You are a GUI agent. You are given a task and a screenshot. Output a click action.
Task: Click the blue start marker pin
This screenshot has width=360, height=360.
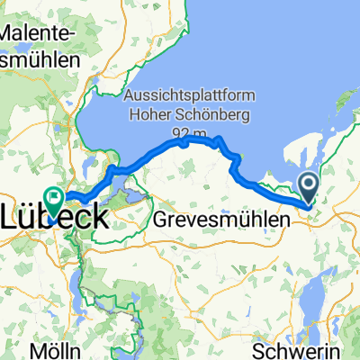tap(308, 188)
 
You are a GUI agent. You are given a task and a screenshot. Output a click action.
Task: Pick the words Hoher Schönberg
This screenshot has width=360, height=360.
tap(181, 116)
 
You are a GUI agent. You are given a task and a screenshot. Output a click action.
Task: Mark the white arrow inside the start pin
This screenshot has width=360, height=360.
tap(308, 185)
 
